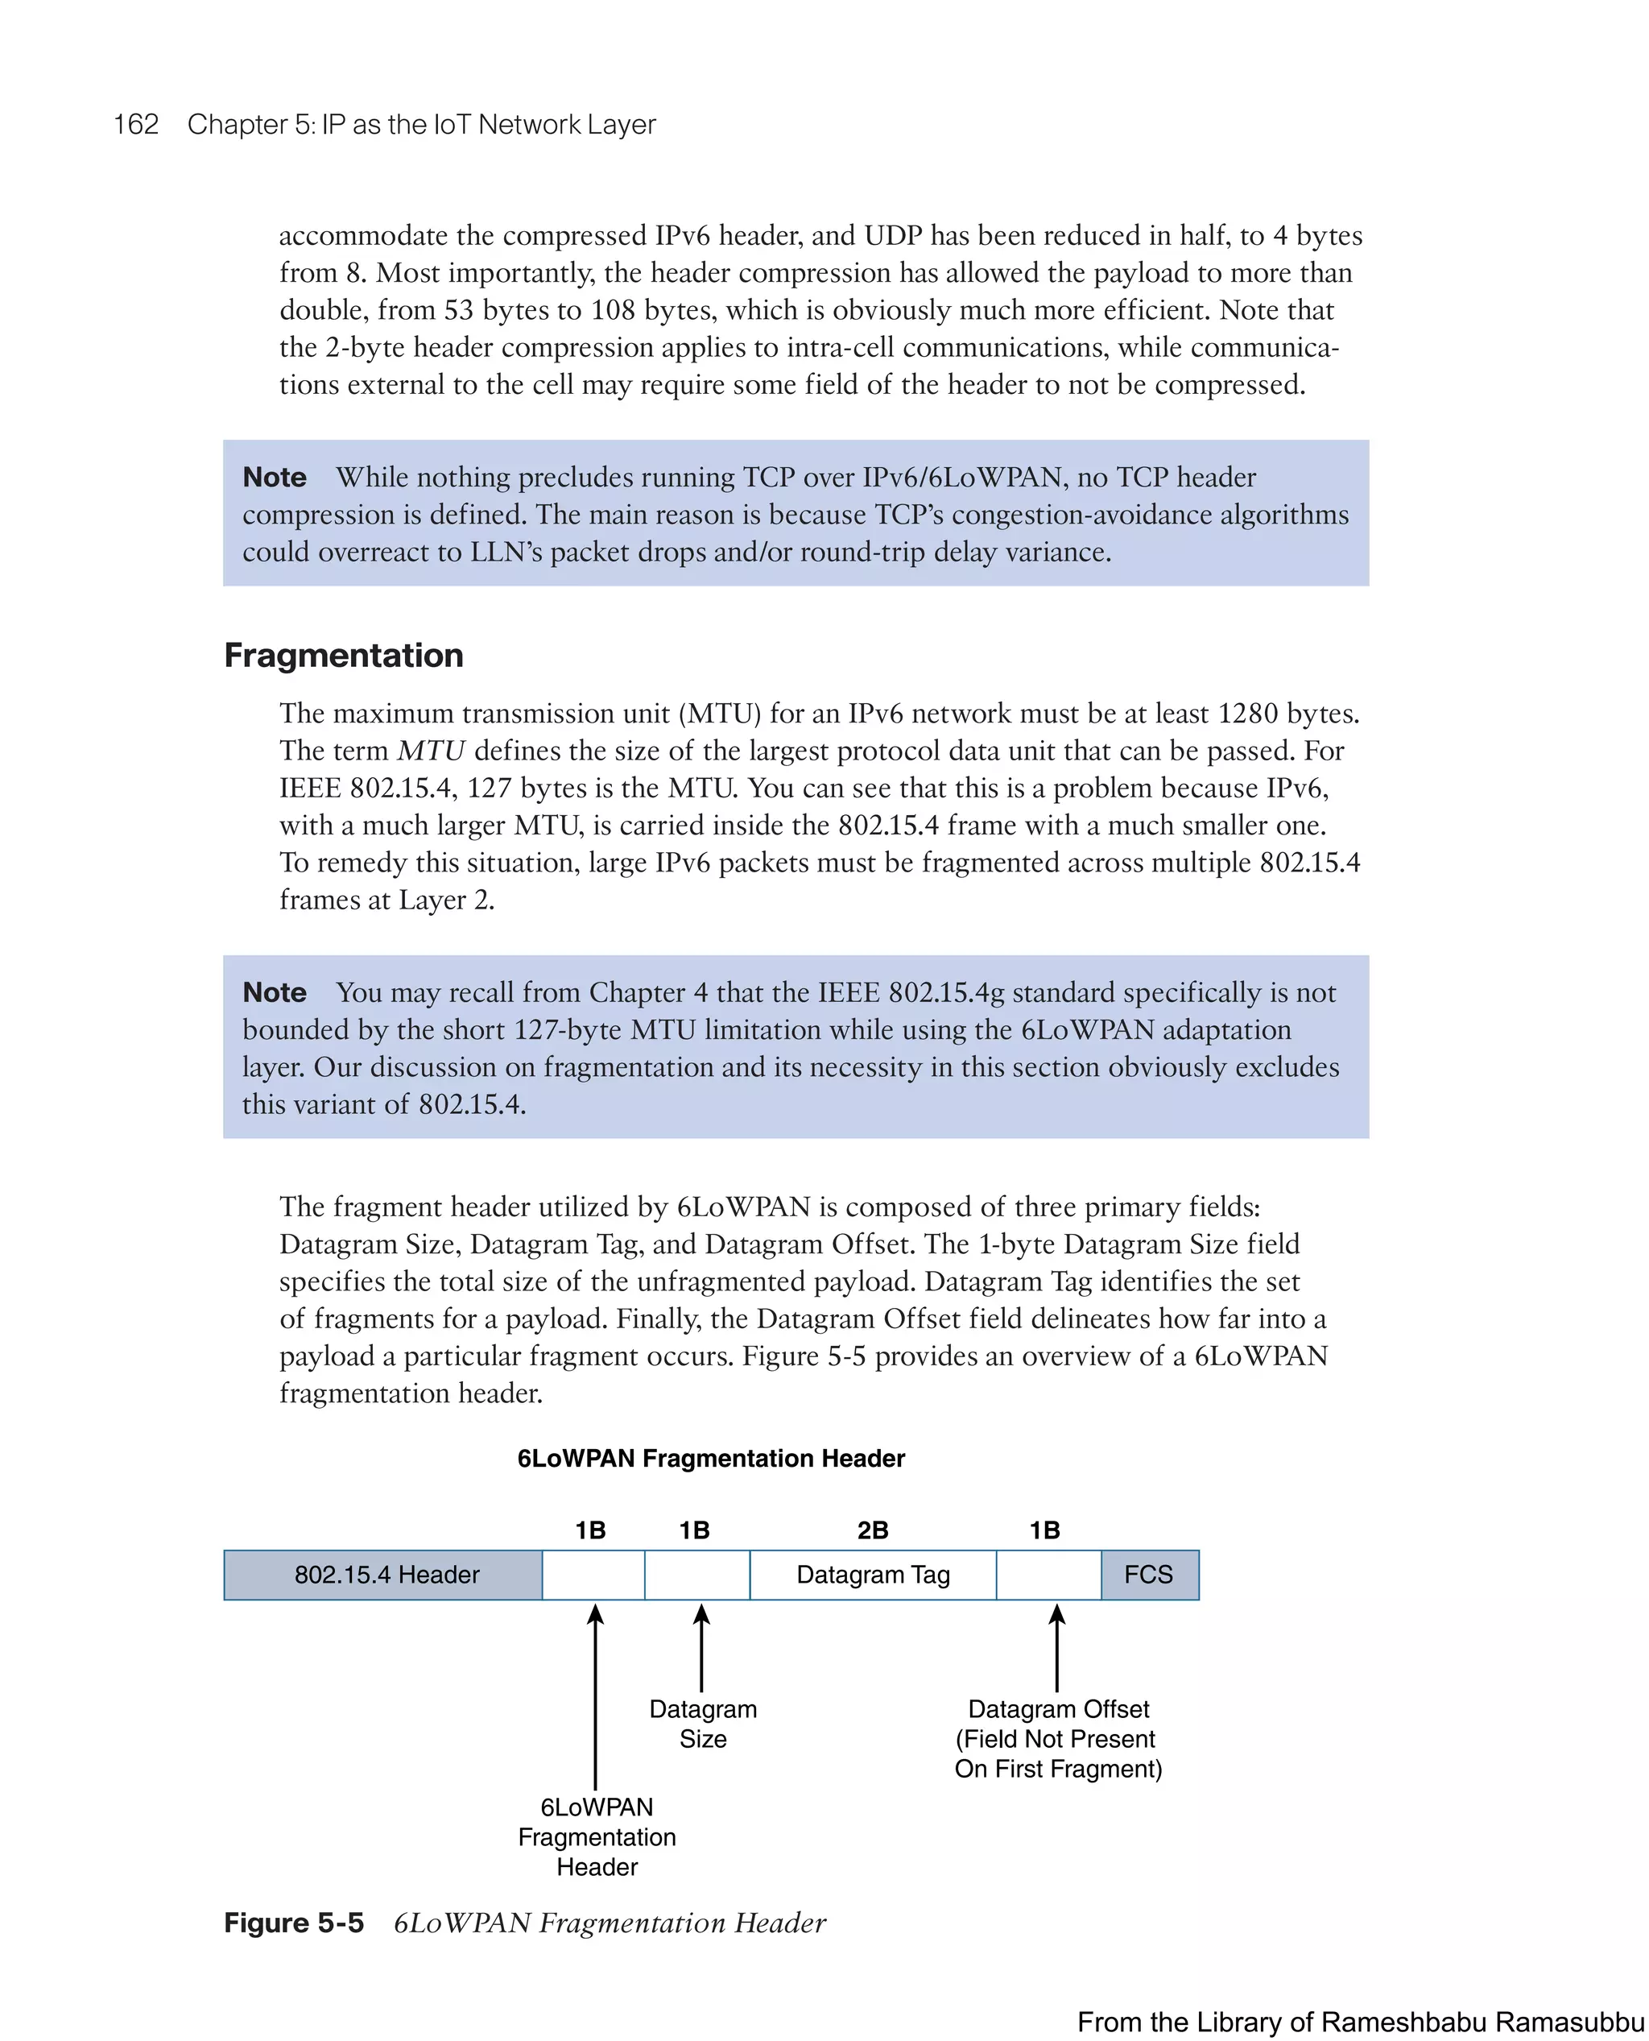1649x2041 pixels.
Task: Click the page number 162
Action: pyautogui.click(x=136, y=125)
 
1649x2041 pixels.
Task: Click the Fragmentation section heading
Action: pyautogui.click(x=343, y=656)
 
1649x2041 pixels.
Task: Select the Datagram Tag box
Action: pyautogui.click(x=872, y=1575)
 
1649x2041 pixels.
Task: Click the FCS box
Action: pyautogui.click(x=1148, y=1575)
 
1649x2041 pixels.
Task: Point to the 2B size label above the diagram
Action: pyautogui.click(x=872, y=1530)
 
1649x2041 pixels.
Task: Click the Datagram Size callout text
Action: pyautogui.click(x=703, y=1724)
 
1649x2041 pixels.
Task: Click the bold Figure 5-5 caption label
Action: pyautogui.click(x=294, y=1923)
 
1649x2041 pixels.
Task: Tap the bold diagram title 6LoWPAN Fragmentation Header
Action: pyautogui.click(x=710, y=1459)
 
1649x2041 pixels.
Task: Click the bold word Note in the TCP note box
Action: pyautogui.click(x=275, y=477)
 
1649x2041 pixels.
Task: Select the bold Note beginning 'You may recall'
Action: pyautogui.click(x=275, y=992)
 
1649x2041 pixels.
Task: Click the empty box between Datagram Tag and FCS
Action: pyautogui.click(x=1048, y=1575)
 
